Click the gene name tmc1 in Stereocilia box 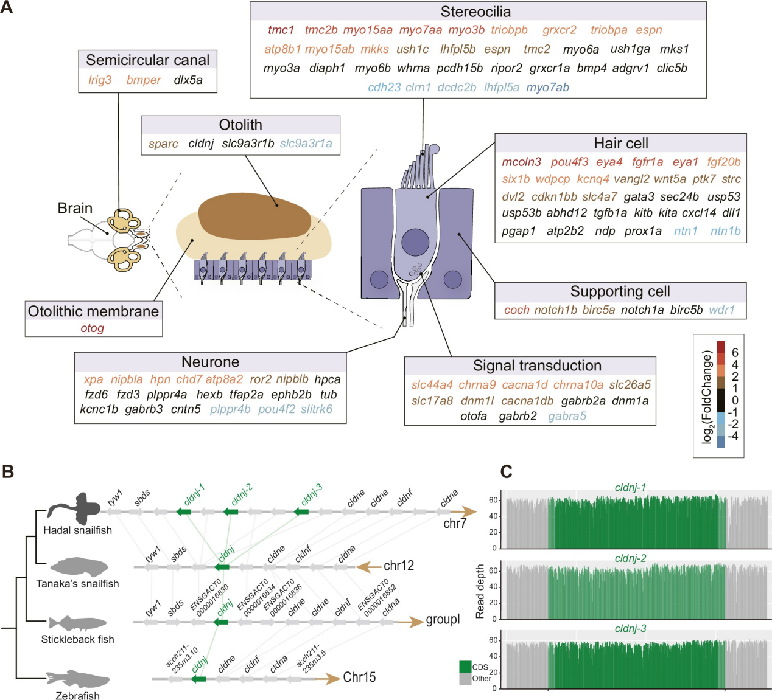281,30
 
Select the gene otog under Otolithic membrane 93,328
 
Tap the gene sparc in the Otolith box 163,144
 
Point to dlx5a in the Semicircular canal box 188,80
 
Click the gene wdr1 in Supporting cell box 721,310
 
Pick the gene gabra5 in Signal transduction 567,416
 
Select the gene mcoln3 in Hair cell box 521,162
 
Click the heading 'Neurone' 210,362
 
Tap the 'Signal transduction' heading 537,366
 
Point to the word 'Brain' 75,208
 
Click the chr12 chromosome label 398,566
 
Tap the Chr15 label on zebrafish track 359,677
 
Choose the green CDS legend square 465,667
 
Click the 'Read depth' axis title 480,592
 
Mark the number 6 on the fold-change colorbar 735,353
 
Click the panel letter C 506,471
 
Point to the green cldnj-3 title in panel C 630,628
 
